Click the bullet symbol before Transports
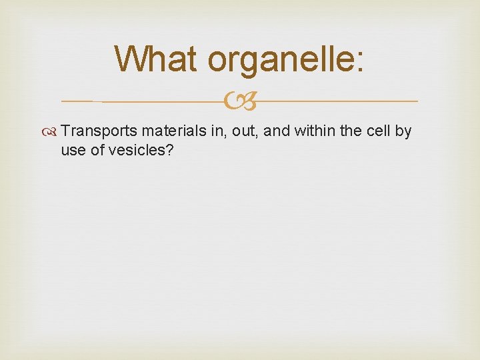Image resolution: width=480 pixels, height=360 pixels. pyautogui.click(x=53, y=132)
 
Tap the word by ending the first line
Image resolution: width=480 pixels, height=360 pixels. pyautogui.click(x=403, y=132)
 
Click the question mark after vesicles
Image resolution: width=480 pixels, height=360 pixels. pyautogui.click(x=170, y=151)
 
